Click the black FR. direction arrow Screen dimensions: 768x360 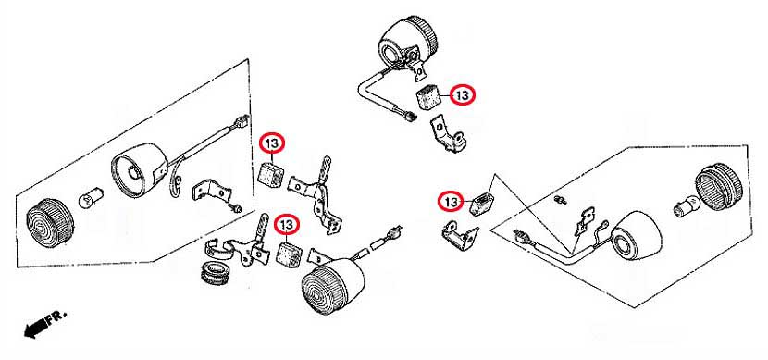click(36, 328)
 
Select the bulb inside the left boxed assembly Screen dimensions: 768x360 click(92, 198)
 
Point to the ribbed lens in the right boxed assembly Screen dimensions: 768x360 click(719, 187)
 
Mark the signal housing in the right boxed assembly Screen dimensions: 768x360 click(637, 236)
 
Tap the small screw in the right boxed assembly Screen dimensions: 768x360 click(561, 199)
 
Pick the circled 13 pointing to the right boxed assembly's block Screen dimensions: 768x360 click(451, 202)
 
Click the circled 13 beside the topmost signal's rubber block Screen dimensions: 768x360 click(463, 95)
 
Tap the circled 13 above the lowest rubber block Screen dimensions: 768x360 click(287, 225)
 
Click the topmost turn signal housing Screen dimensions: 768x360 click(406, 43)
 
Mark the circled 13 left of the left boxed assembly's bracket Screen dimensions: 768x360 click(272, 143)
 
